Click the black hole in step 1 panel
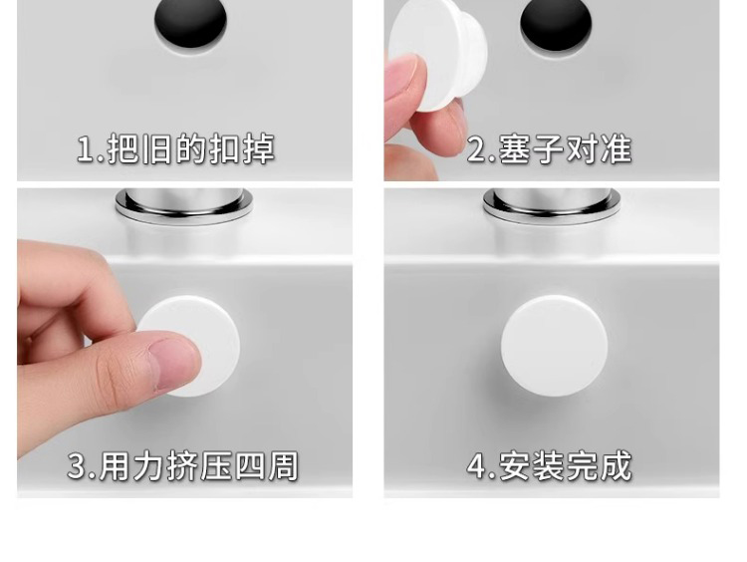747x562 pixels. click(190, 22)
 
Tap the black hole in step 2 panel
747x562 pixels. click(556, 23)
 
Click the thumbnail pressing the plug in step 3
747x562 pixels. click(173, 364)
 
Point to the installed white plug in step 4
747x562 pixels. click(554, 346)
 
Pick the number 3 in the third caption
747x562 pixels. click(77, 465)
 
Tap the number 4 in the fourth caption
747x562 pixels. click(477, 465)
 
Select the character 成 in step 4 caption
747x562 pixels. click(617, 465)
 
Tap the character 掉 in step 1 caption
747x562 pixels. click(259, 149)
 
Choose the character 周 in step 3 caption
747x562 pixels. click(283, 465)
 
